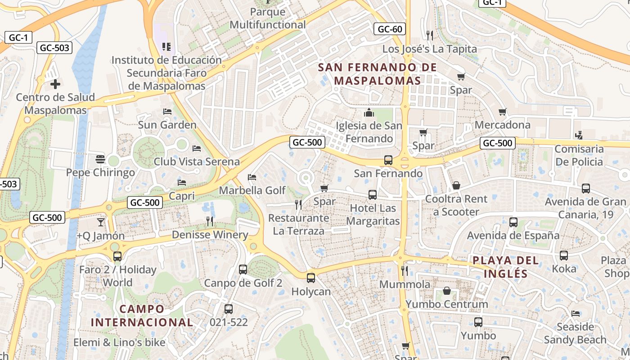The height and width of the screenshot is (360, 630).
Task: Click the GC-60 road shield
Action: click(390, 29)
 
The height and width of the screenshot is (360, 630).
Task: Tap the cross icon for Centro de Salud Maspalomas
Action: click(55, 84)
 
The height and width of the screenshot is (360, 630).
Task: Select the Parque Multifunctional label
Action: click(268, 18)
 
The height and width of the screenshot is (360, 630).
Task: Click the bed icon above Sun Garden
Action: click(167, 111)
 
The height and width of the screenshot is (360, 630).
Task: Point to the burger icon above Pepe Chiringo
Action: click(100, 159)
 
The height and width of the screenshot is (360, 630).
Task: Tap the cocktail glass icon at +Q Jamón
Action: click(100, 222)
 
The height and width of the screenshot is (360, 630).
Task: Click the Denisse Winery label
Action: click(210, 234)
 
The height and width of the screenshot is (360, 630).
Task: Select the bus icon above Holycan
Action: click(311, 278)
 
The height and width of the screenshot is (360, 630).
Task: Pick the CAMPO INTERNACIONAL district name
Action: click(142, 315)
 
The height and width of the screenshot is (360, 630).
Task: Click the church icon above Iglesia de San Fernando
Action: click(369, 112)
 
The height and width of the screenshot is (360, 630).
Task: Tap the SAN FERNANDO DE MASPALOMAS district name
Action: click(377, 74)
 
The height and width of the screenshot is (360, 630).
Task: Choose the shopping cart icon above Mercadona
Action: click(503, 112)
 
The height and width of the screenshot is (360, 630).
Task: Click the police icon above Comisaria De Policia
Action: click(579, 135)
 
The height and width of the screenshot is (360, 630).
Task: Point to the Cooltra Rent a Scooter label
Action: click(456, 205)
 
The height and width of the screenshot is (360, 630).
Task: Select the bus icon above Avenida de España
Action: click(513, 222)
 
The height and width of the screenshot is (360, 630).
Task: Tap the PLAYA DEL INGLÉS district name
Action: click(506, 266)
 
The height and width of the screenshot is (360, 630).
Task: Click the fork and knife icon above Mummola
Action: click(405, 270)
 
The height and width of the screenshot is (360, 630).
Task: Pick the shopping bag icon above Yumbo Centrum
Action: click(447, 291)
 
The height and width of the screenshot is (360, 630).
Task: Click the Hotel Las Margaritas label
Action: click(373, 215)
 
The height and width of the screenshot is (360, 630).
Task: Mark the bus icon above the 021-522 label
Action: click(229, 309)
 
